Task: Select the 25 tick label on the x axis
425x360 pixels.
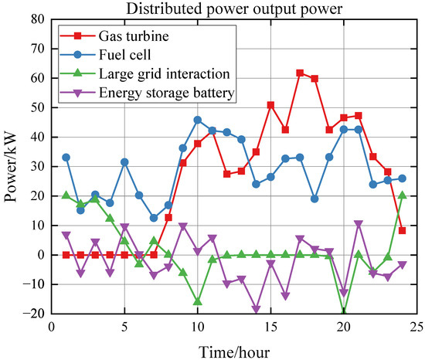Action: point(416,327)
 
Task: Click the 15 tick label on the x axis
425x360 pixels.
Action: point(270,327)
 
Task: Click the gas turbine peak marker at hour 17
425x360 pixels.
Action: point(300,73)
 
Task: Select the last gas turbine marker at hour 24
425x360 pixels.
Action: point(402,230)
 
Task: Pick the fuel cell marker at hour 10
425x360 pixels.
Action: point(198,120)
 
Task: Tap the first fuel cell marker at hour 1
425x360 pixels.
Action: point(66,157)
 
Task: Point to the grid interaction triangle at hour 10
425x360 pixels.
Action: point(198,301)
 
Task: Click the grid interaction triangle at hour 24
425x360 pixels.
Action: point(402,195)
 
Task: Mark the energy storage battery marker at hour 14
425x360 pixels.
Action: point(256,309)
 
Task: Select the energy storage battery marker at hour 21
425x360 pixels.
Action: point(359,224)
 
